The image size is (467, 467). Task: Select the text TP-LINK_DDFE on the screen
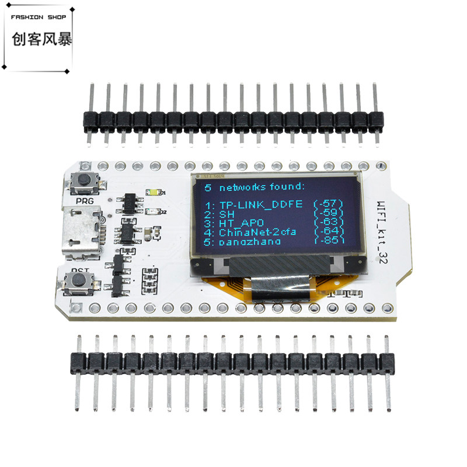261,204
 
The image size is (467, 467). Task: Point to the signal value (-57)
329,204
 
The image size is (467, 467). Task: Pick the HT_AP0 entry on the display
242,222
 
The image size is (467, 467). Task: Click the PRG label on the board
85,200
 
